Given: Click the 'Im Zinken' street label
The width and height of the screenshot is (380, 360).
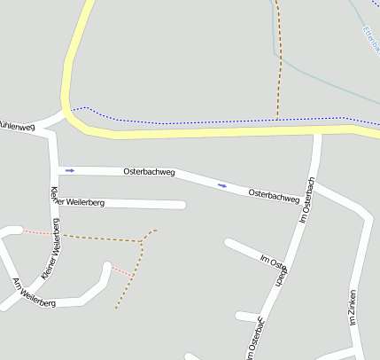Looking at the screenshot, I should click(x=353, y=308).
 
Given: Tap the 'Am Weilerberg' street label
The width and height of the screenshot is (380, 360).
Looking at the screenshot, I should click(x=34, y=293).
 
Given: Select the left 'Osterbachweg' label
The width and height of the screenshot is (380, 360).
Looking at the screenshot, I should click(x=149, y=169).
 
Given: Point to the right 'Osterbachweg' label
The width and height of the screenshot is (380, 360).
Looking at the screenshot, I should click(x=274, y=195).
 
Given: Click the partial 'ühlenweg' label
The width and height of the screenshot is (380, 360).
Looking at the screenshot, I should click(x=17, y=127).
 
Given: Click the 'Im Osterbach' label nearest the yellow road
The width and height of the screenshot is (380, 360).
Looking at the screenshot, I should click(x=308, y=199).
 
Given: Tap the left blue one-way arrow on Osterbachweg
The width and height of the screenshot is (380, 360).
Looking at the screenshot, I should click(x=70, y=169).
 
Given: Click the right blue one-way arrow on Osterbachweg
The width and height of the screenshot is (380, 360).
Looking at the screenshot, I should click(x=221, y=185).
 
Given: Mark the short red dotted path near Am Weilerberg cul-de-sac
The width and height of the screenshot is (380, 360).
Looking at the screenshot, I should click(x=120, y=270).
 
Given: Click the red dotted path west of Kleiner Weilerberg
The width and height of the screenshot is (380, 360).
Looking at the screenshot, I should click(x=35, y=231).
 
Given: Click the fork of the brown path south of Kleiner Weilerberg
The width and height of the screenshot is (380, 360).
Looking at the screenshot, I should click(x=143, y=239).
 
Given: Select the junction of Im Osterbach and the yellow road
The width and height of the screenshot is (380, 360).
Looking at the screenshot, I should click(x=317, y=132).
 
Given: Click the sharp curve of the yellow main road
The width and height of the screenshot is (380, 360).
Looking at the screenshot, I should click(x=70, y=111).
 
